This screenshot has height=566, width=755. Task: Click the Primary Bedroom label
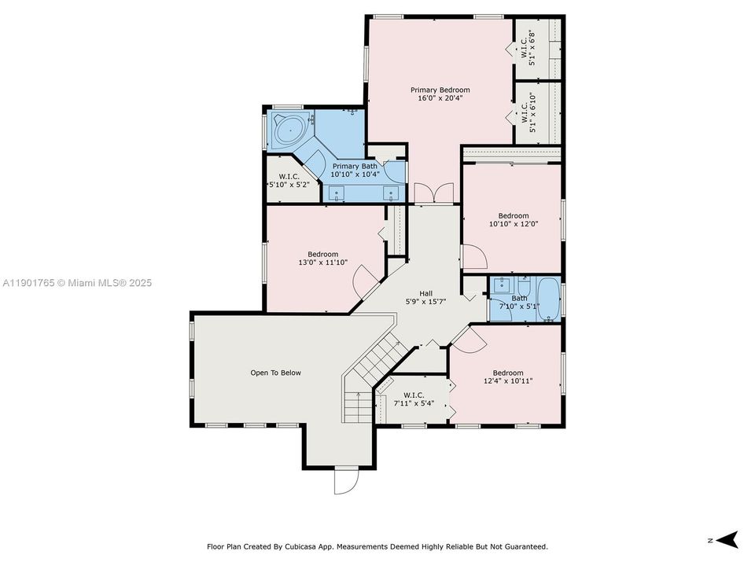pos(440,90)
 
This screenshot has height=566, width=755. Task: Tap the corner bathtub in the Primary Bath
pos(290,128)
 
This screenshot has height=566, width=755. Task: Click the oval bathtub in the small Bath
pos(548,299)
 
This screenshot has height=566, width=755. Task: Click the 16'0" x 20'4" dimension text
pos(440,99)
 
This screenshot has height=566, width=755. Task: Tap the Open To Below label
pos(275,373)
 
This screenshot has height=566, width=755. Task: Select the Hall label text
pos(425,293)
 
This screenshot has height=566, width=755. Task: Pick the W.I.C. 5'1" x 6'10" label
pos(527,112)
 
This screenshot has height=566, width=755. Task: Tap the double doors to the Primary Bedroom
pos(433,193)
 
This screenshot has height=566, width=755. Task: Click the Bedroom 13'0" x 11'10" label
pos(322,258)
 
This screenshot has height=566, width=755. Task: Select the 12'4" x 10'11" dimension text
pos(508,381)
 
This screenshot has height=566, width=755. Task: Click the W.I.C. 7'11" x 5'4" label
pos(414,399)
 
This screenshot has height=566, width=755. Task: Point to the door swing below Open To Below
pos(344,480)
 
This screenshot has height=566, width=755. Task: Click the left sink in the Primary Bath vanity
pos(338,193)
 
